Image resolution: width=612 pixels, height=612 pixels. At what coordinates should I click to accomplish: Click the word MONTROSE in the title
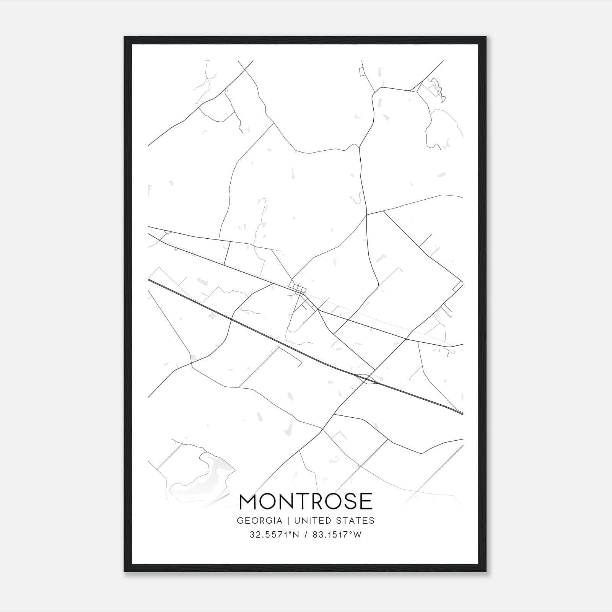[x=306, y=501]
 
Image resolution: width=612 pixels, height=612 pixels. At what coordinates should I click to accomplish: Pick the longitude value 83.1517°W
[x=337, y=535]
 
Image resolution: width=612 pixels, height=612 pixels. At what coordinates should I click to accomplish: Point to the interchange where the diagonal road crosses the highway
[x=367, y=377]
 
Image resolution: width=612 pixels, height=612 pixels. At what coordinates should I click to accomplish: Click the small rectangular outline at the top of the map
[x=361, y=72]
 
